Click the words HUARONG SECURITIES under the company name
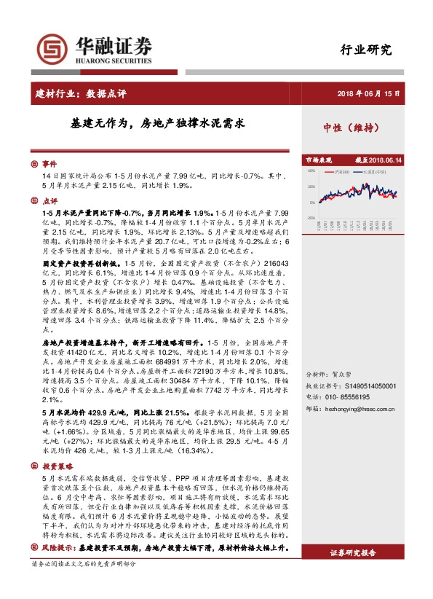[x=113, y=62]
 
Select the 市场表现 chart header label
[x=318, y=160]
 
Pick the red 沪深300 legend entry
[x=340, y=172]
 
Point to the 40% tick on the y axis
[x=311, y=172]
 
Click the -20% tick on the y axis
[x=311, y=217]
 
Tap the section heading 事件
[x=49, y=165]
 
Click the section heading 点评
[x=49, y=200]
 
